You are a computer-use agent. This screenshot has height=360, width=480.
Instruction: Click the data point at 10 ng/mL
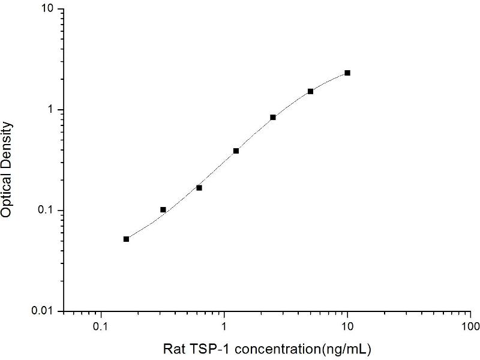click(x=347, y=73)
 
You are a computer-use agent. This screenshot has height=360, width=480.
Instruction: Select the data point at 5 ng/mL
click(x=310, y=91)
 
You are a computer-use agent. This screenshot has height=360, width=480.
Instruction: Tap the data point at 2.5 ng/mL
click(x=273, y=117)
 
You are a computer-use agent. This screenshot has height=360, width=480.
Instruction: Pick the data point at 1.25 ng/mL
click(x=236, y=151)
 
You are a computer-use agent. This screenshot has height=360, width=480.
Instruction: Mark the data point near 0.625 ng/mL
click(x=199, y=188)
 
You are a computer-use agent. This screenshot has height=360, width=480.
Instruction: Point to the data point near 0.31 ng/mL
click(x=163, y=209)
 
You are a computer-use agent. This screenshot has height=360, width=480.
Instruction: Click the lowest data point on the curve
click(x=126, y=239)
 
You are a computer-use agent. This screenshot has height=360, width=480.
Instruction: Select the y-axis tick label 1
click(x=52, y=110)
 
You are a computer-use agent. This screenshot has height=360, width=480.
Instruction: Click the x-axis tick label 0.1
click(x=101, y=327)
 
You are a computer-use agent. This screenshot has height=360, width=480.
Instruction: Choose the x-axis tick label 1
click(x=224, y=327)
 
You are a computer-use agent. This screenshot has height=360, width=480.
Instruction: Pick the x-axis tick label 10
click(x=347, y=327)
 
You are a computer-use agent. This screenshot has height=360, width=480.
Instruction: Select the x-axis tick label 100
click(x=470, y=327)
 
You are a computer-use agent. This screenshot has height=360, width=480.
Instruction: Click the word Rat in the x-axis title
click(x=173, y=348)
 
